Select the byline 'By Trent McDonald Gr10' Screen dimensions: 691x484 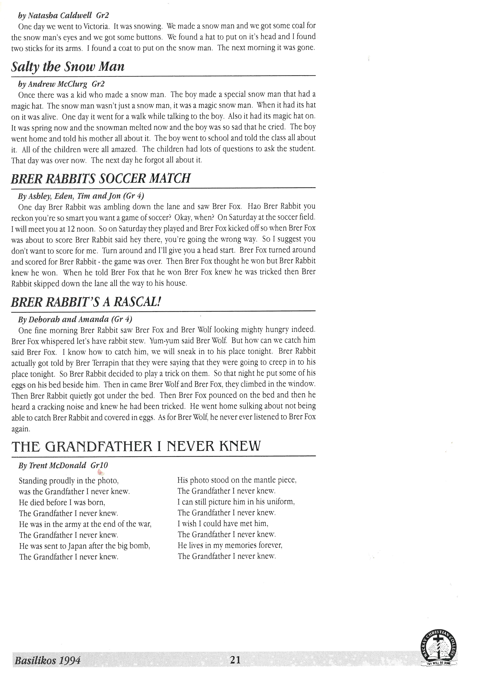click(63, 466)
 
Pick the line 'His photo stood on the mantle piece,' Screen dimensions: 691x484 click(237, 480)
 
